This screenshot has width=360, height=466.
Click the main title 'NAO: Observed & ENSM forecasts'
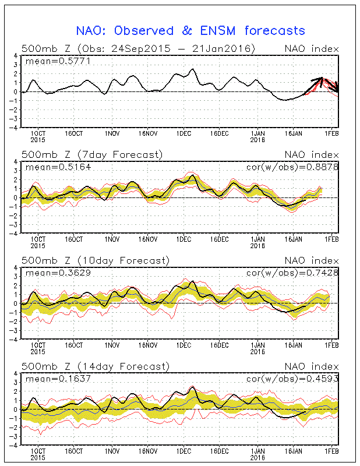coord(190,30)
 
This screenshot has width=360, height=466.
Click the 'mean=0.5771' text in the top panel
coord(51,60)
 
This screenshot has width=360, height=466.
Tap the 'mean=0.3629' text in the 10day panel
coord(51,272)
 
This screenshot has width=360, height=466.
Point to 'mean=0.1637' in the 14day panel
coord(51,378)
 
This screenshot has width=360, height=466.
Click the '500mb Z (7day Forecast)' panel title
coord(91,154)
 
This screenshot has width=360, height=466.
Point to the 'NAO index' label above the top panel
coord(312,49)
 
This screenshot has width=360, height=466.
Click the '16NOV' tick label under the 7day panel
coord(149,239)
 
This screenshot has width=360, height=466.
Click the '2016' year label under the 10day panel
coord(257,351)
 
